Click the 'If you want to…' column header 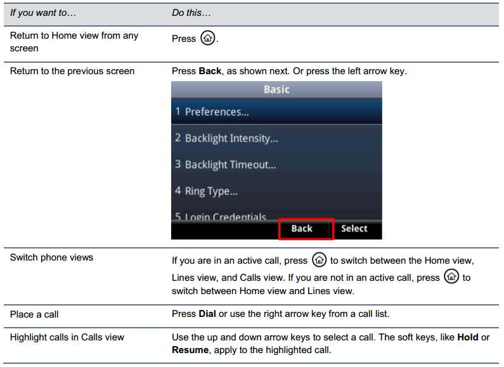pyautogui.click(x=43, y=13)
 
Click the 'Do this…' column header pyautogui.click(x=191, y=13)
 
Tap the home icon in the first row pyautogui.click(x=208, y=38)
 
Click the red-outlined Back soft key pyautogui.click(x=306, y=229)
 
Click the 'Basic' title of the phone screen pyautogui.click(x=276, y=89)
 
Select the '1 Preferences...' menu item pyautogui.click(x=212, y=112)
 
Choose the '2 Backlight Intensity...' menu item pyautogui.click(x=226, y=139)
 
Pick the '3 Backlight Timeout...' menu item pyautogui.click(x=226, y=165)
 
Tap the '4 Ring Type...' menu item pyautogui.click(x=207, y=191)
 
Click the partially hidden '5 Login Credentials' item pyautogui.click(x=221, y=217)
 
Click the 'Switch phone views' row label pyautogui.click(x=51, y=257)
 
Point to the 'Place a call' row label pyautogui.click(x=34, y=314)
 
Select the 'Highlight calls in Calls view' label pyautogui.click(x=67, y=337)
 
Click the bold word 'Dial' pyautogui.click(x=207, y=314)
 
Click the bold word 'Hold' pyautogui.click(x=468, y=337)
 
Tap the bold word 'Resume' pyautogui.click(x=190, y=350)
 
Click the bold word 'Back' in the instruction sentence pyautogui.click(x=210, y=71)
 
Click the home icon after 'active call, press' pyautogui.click(x=319, y=260)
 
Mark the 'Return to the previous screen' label pyautogui.click(x=72, y=71)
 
